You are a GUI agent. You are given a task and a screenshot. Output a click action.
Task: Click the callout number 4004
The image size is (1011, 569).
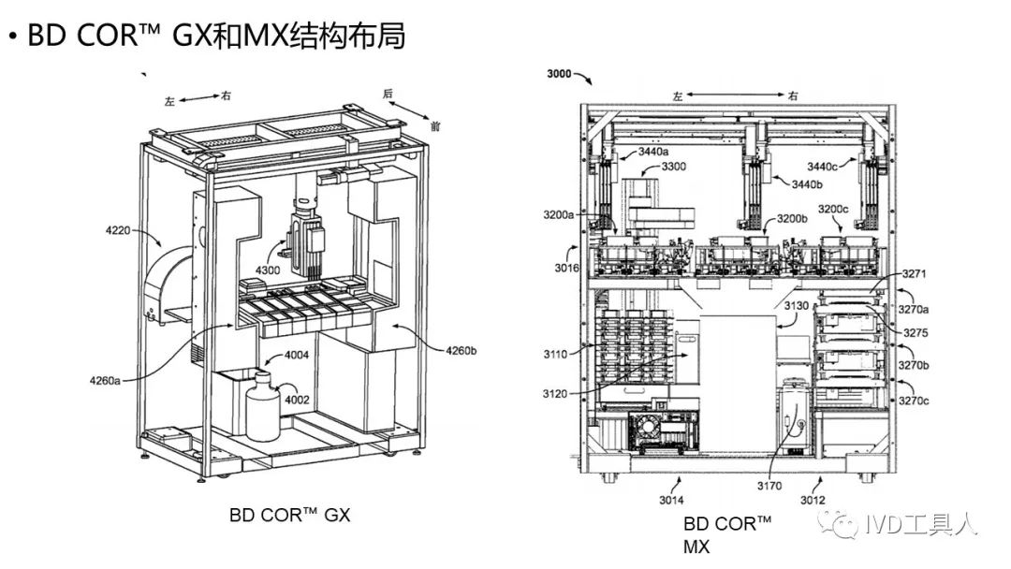pos(298,356)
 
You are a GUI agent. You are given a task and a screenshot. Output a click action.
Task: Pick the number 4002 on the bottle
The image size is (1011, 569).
pos(298,400)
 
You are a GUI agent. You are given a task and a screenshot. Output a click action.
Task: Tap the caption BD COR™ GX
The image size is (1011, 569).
pos(289,515)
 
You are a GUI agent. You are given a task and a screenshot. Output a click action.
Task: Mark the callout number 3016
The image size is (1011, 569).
pos(565,269)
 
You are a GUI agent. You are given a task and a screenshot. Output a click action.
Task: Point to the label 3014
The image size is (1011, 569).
pos(670,500)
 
